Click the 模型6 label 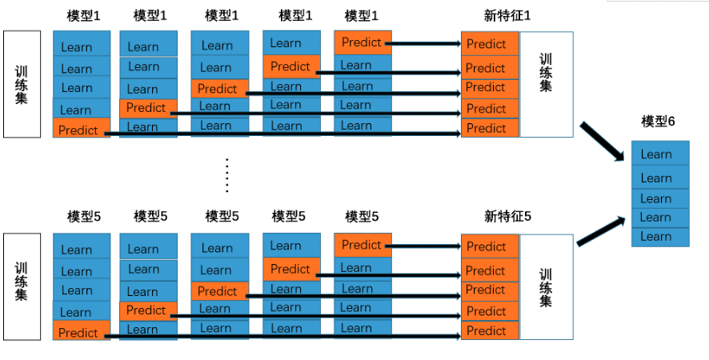click(x=658, y=121)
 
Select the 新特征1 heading click(x=507, y=15)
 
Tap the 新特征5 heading click(x=507, y=216)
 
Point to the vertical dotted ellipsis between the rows click(x=227, y=174)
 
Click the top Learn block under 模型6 click(x=659, y=154)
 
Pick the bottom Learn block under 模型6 click(x=659, y=237)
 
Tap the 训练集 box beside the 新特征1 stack click(x=547, y=84)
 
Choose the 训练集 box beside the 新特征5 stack click(x=547, y=287)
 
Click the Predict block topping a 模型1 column click(x=363, y=42)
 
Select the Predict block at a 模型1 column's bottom click(x=81, y=130)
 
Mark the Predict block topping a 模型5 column click(x=363, y=245)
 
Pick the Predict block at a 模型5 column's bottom click(x=81, y=332)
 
